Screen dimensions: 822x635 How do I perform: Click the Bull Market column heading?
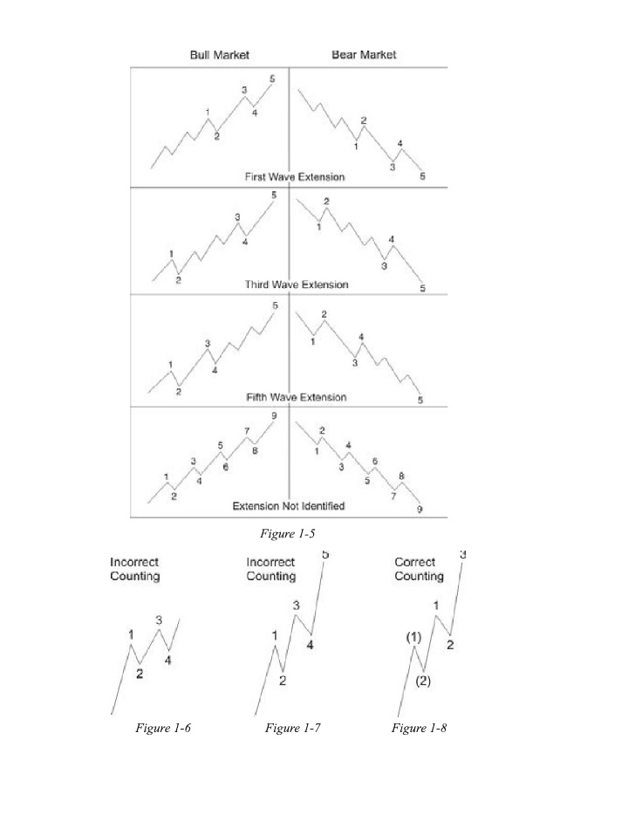220,55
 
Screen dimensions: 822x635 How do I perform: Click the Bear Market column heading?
364,55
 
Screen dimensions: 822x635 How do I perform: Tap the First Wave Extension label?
295,177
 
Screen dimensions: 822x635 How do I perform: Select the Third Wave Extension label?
297,284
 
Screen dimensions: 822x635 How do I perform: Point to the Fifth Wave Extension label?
297,397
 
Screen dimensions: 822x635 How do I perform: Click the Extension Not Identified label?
289,506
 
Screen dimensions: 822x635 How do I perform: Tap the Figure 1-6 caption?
163,728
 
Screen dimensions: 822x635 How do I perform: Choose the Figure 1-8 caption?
419,728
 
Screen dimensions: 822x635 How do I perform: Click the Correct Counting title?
419,569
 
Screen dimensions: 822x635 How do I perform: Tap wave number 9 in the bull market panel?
274,416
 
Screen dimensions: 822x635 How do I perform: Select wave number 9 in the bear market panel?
420,510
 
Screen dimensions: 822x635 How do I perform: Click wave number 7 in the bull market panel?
247,431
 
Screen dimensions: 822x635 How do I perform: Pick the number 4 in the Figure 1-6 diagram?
167,661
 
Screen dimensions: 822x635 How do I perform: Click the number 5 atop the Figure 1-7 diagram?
325,554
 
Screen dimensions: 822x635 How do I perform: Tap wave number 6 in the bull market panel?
225,468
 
